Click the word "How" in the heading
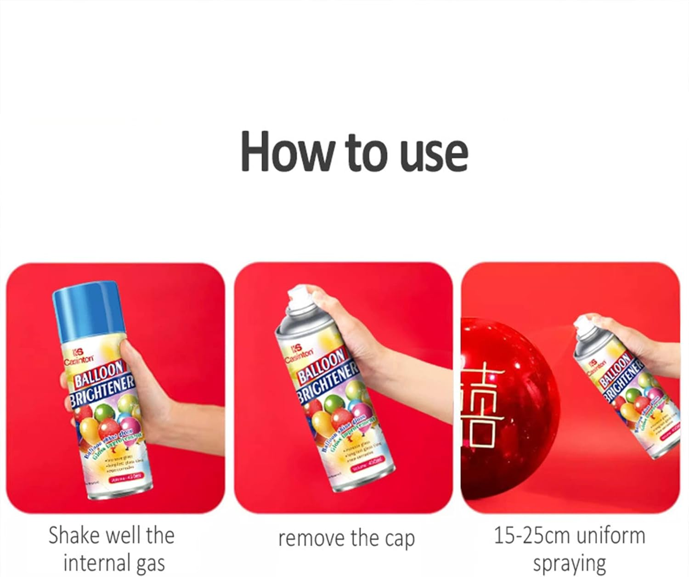coord(285,152)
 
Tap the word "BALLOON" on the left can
coord(99,373)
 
